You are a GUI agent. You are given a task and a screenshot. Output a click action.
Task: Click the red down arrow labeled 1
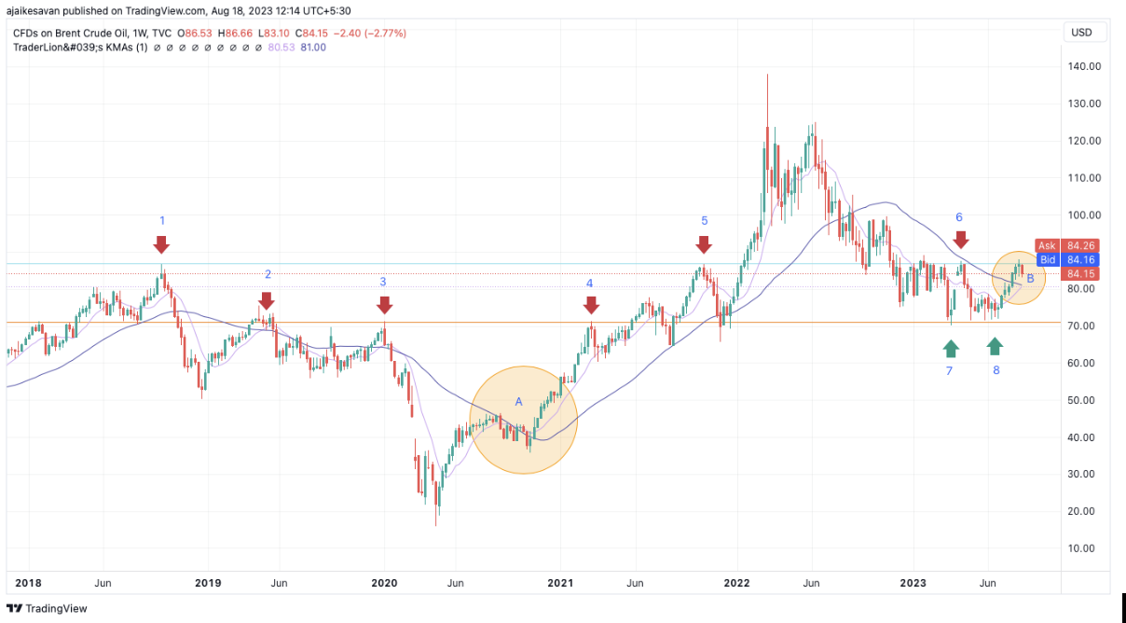coord(161,245)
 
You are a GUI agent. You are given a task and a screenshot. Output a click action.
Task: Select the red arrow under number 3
coord(384,305)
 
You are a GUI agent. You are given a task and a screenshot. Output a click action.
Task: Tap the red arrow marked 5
coord(704,244)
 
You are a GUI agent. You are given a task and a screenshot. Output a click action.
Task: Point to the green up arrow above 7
coord(950,348)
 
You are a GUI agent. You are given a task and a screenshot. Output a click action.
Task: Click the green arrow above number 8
coord(995,346)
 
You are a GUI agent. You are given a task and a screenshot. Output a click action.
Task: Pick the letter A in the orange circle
coord(519,401)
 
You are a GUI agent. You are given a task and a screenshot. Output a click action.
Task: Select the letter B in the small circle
coord(1030,278)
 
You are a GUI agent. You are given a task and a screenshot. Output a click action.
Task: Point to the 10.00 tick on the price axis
coord(1085,547)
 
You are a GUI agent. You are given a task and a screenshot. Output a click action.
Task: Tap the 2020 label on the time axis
coord(384,583)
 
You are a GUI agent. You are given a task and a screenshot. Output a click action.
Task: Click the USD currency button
coord(1082,33)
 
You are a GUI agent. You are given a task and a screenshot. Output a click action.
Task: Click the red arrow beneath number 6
coord(961,240)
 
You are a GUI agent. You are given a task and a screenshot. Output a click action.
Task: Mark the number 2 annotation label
coord(268,274)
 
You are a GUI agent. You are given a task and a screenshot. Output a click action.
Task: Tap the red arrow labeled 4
coord(590,305)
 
